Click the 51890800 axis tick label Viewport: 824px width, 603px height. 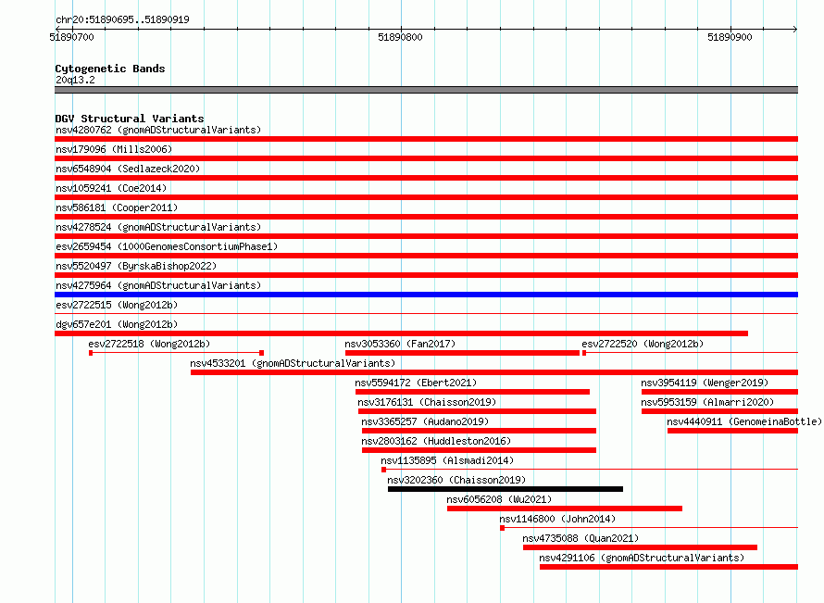[x=400, y=37]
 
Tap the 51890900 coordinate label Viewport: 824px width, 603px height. [x=730, y=37]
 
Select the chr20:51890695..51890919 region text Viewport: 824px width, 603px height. [x=122, y=20]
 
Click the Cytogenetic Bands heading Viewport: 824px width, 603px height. [x=110, y=69]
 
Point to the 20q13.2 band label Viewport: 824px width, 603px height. [x=75, y=80]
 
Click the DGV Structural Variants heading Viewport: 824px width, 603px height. [x=130, y=119]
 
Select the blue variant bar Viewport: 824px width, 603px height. [x=426, y=295]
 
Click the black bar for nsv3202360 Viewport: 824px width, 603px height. [x=506, y=489]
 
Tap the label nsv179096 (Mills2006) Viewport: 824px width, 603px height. [x=114, y=149]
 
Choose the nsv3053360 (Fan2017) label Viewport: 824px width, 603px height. [x=400, y=344]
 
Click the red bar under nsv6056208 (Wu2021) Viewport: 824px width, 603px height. [x=565, y=509]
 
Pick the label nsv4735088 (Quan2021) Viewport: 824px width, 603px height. [x=581, y=538]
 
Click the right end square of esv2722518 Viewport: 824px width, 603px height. [x=262, y=353]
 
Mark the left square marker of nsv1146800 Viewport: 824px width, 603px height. [x=503, y=528]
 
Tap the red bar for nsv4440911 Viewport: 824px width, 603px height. [x=732, y=431]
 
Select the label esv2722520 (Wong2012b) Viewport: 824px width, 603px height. [x=643, y=344]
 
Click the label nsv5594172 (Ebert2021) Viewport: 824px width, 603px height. [x=417, y=383]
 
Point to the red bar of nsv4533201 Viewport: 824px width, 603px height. [x=494, y=372]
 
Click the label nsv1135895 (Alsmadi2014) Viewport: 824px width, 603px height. [x=447, y=460]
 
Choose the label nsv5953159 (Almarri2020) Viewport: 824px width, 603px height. [x=707, y=402]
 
